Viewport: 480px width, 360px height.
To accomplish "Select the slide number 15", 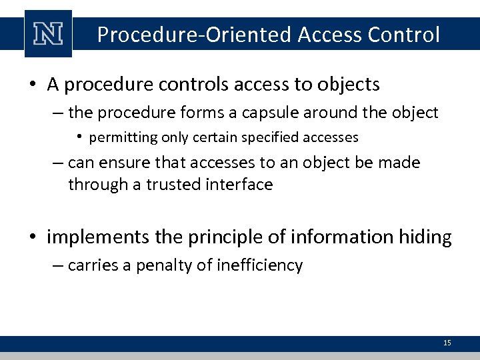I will (447, 343).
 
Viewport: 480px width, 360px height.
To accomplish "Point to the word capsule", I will (266, 113).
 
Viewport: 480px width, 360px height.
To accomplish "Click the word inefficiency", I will (260, 266).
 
